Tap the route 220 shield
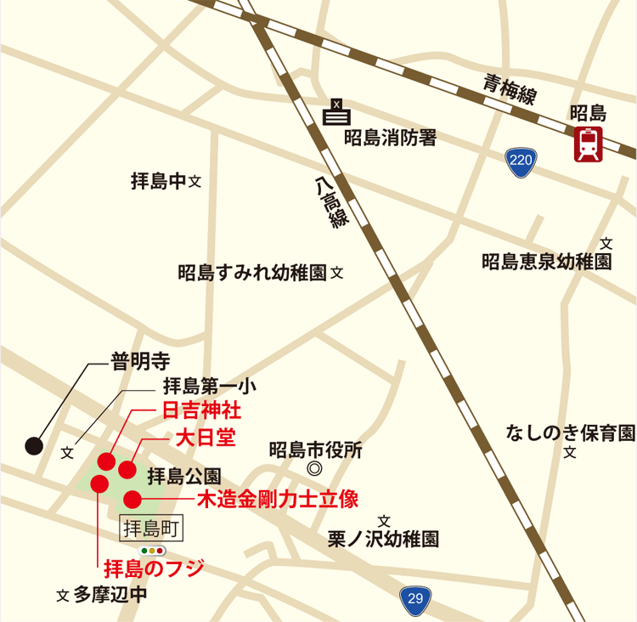pyautogui.click(x=521, y=161)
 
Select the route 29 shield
pyautogui.click(x=415, y=599)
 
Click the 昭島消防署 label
pyautogui.click(x=390, y=138)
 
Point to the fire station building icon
pyautogui.click(x=338, y=111)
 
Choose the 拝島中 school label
pyautogui.click(x=158, y=181)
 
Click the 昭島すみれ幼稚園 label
pyautogui.click(x=252, y=273)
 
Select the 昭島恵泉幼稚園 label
pyautogui.click(x=546, y=262)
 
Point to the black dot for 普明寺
pyautogui.click(x=33, y=444)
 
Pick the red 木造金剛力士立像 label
pyautogui.click(x=278, y=499)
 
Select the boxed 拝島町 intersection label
pyautogui.click(x=153, y=529)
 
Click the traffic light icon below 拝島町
pyautogui.click(x=153, y=550)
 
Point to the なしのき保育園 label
pyautogui.click(x=570, y=433)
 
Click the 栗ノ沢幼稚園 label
pyautogui.click(x=383, y=539)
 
